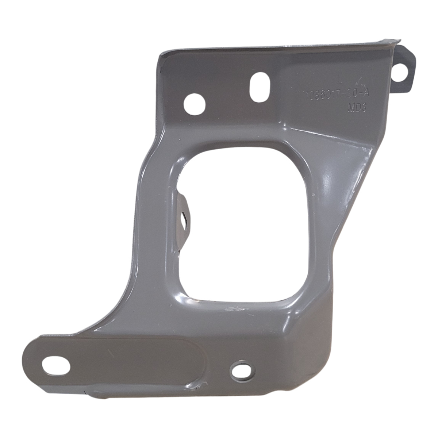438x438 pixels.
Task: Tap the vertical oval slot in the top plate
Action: [x=258, y=86]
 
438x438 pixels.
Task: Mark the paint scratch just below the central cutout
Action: [x=234, y=310]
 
